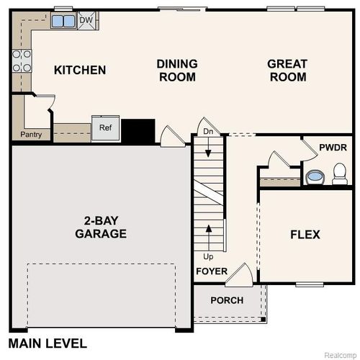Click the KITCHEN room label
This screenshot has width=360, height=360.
[x=80, y=70]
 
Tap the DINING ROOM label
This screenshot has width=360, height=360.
[x=176, y=70]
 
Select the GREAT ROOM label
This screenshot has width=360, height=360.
[x=287, y=70]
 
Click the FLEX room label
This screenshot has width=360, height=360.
[x=305, y=235]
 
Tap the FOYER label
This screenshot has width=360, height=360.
[x=212, y=271]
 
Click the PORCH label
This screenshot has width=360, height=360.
[x=227, y=300]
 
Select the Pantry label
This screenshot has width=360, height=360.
[x=31, y=135]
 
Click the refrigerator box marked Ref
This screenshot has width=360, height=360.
[x=105, y=127]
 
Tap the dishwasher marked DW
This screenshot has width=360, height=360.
[x=86, y=20]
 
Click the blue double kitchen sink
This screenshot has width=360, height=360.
[x=63, y=21]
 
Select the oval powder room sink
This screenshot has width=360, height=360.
[x=315, y=176]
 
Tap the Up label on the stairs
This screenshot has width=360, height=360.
[x=208, y=256]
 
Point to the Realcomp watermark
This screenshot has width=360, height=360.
[x=339, y=355]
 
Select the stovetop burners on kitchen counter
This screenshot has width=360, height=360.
[x=21, y=60]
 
